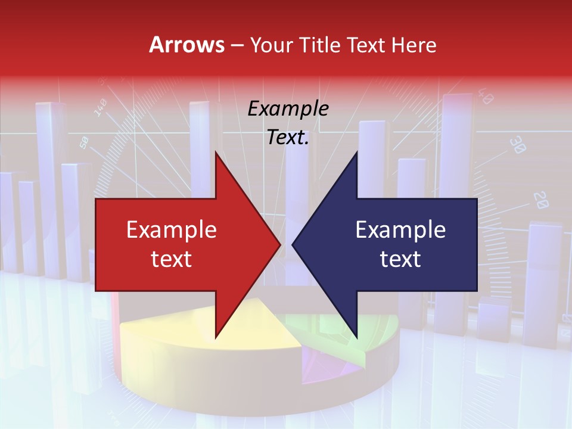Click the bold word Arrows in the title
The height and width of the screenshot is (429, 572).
click(187, 45)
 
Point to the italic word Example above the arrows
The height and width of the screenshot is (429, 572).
click(288, 108)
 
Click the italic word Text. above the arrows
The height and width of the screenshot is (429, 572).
click(288, 137)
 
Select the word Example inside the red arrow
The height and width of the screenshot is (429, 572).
click(171, 229)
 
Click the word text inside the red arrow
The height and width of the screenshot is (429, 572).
click(171, 259)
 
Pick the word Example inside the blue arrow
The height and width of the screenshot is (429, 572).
click(400, 229)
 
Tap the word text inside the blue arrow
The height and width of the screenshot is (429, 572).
click(400, 259)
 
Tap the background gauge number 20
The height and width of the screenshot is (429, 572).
click(540, 200)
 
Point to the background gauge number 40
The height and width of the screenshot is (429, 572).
click(486, 97)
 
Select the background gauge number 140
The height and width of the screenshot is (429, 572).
click(100, 108)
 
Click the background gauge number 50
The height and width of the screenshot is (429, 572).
click(84, 142)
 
